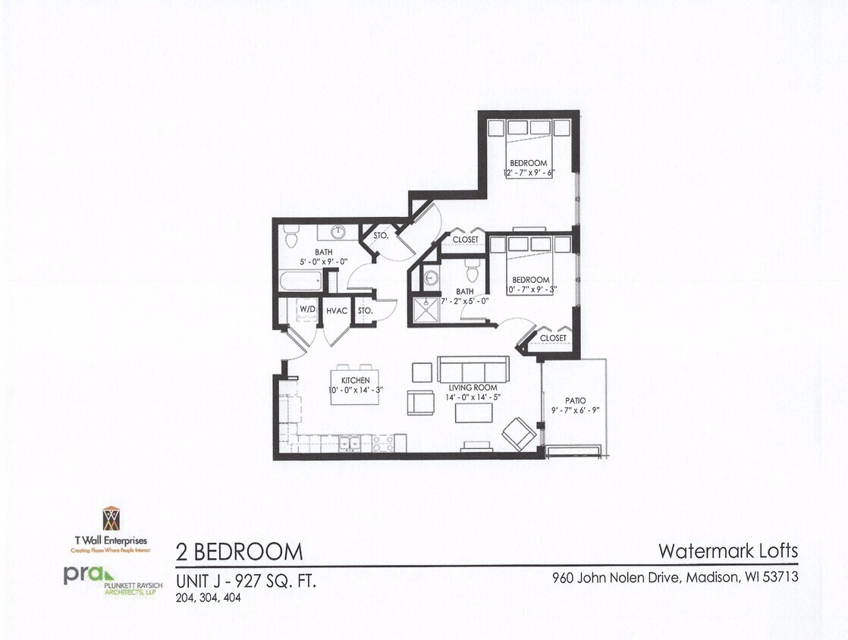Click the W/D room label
pos(307,310)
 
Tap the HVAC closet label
pos(337,310)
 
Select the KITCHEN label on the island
pos(355,380)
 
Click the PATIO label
pos(575,400)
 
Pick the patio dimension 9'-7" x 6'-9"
pos(575,410)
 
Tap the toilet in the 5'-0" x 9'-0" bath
pos(291,237)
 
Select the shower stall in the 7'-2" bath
pos(428,310)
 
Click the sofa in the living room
pos(473,370)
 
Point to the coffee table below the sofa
pos(473,412)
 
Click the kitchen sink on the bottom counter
pos(350,442)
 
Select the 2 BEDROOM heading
pos(239,551)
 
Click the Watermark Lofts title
pos(728,550)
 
